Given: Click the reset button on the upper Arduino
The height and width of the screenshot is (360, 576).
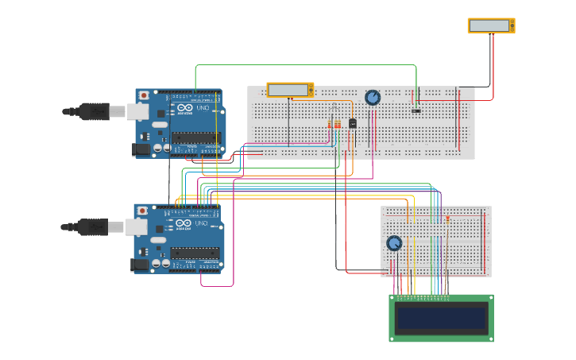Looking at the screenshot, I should (144, 95).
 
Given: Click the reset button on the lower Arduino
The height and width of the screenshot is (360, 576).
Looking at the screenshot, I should (142, 211).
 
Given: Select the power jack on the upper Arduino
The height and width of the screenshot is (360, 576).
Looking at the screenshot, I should (141, 149).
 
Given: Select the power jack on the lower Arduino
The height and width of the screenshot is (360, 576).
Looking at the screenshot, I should (139, 264).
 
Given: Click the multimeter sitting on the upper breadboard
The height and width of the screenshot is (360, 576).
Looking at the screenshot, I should (290, 90).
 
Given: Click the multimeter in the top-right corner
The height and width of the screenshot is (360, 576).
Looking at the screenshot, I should (491, 25).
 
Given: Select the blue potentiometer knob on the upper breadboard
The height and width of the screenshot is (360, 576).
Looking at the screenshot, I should (373, 98).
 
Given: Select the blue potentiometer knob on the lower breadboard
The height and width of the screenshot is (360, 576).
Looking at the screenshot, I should (394, 243).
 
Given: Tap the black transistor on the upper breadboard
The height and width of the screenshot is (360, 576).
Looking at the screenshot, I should (353, 123).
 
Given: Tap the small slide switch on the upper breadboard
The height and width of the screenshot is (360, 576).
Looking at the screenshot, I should (416, 110).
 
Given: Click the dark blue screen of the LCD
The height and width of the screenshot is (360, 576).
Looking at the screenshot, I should (441, 319).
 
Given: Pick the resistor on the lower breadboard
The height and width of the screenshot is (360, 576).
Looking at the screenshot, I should (447, 219).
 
